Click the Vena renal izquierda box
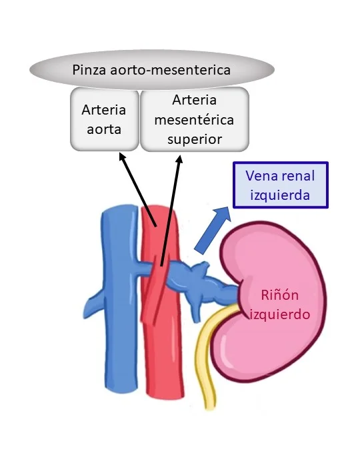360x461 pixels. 279,186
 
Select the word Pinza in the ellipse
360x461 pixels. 93,69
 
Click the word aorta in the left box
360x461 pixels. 103,129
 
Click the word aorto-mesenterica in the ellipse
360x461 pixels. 181,69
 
